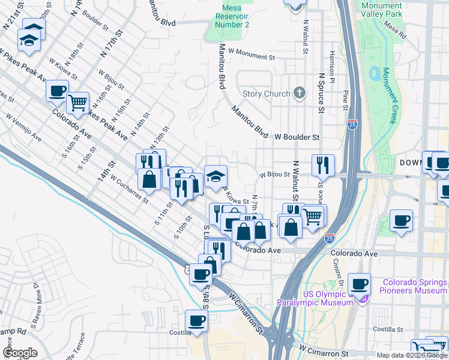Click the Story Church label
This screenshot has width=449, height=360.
pos(267,94)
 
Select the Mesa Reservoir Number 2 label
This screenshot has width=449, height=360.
pos(228,16)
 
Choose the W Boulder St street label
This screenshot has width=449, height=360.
pos(297,137)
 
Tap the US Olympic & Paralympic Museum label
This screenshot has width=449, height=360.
pos(314,298)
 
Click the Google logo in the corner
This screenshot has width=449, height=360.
pos(20,353)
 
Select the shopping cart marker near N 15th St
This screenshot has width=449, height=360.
pos(77,103)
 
